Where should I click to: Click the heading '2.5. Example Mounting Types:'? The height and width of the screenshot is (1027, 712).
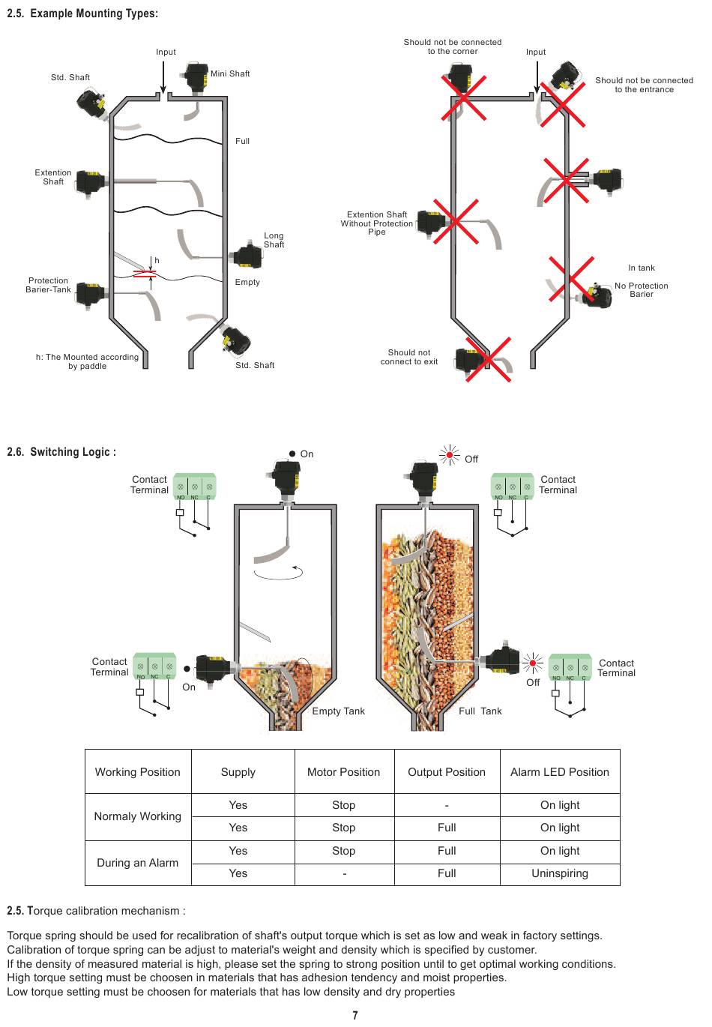point(82,13)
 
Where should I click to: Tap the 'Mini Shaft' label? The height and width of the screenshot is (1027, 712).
point(230,73)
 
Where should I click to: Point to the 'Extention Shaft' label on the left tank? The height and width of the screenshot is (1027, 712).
point(53,177)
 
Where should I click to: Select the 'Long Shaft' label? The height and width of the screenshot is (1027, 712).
point(274,240)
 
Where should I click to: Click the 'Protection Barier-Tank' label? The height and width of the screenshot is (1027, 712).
point(49,285)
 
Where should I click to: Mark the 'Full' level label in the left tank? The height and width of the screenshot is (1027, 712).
point(242,141)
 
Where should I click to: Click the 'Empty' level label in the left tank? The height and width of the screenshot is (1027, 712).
point(247,282)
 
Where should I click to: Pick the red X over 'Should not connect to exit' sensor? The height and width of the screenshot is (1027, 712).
point(488,359)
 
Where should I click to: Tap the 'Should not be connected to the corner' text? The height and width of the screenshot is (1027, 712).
point(453,46)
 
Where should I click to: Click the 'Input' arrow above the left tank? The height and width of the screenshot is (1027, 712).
point(163,77)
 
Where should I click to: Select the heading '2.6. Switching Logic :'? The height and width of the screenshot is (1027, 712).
point(61,452)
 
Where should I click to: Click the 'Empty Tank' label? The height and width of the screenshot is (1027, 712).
point(338,711)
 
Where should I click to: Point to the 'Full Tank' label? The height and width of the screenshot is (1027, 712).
point(480,711)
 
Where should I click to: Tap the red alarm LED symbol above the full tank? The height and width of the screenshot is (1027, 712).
point(450,455)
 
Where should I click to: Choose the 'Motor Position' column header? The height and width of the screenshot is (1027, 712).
point(343,772)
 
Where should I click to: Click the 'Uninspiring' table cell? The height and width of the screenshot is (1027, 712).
point(560,873)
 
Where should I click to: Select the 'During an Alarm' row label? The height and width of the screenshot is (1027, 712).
point(138,863)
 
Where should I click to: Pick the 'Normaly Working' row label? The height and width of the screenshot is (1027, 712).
point(138,816)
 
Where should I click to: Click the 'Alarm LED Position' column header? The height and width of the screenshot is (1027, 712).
point(560,772)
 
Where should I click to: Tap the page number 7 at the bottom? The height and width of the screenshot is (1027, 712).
point(355,1016)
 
